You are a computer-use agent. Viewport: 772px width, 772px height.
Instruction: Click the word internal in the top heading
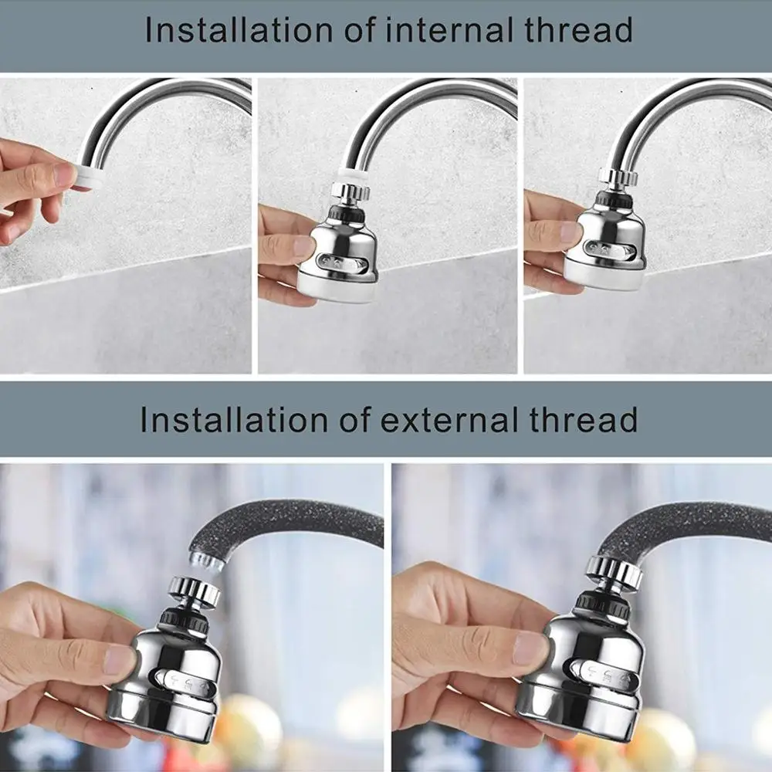click(444, 31)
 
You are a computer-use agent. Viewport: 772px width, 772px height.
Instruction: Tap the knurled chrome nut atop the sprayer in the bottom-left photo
click(195, 591)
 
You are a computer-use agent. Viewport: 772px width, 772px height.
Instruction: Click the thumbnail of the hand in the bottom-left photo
click(120, 660)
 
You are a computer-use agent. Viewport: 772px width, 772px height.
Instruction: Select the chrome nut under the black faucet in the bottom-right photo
click(614, 571)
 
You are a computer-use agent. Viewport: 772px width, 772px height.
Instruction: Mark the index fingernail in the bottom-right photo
click(529, 647)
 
